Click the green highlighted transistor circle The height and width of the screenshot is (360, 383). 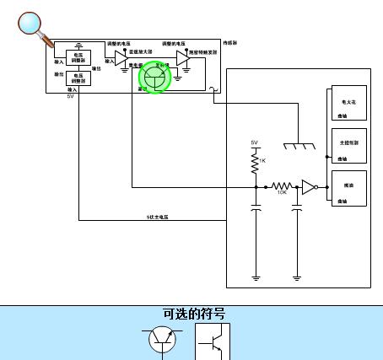(154, 77)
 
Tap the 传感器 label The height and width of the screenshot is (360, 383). (229, 42)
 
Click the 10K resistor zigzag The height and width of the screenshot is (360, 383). (282, 186)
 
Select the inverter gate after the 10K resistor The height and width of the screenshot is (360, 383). (310, 186)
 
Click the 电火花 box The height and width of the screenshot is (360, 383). (348, 104)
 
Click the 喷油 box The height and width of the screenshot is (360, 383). (348, 187)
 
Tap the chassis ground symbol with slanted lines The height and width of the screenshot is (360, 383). (298, 147)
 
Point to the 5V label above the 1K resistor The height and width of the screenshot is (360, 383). (255, 142)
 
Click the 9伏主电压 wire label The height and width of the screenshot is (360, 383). (158, 217)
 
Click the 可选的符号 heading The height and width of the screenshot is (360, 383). (194, 314)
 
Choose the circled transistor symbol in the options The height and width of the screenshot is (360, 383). (163, 341)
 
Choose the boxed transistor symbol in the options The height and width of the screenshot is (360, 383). (212, 341)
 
